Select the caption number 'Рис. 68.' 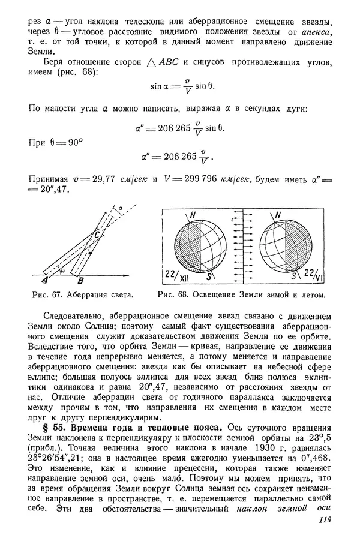173,295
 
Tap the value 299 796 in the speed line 186,179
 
